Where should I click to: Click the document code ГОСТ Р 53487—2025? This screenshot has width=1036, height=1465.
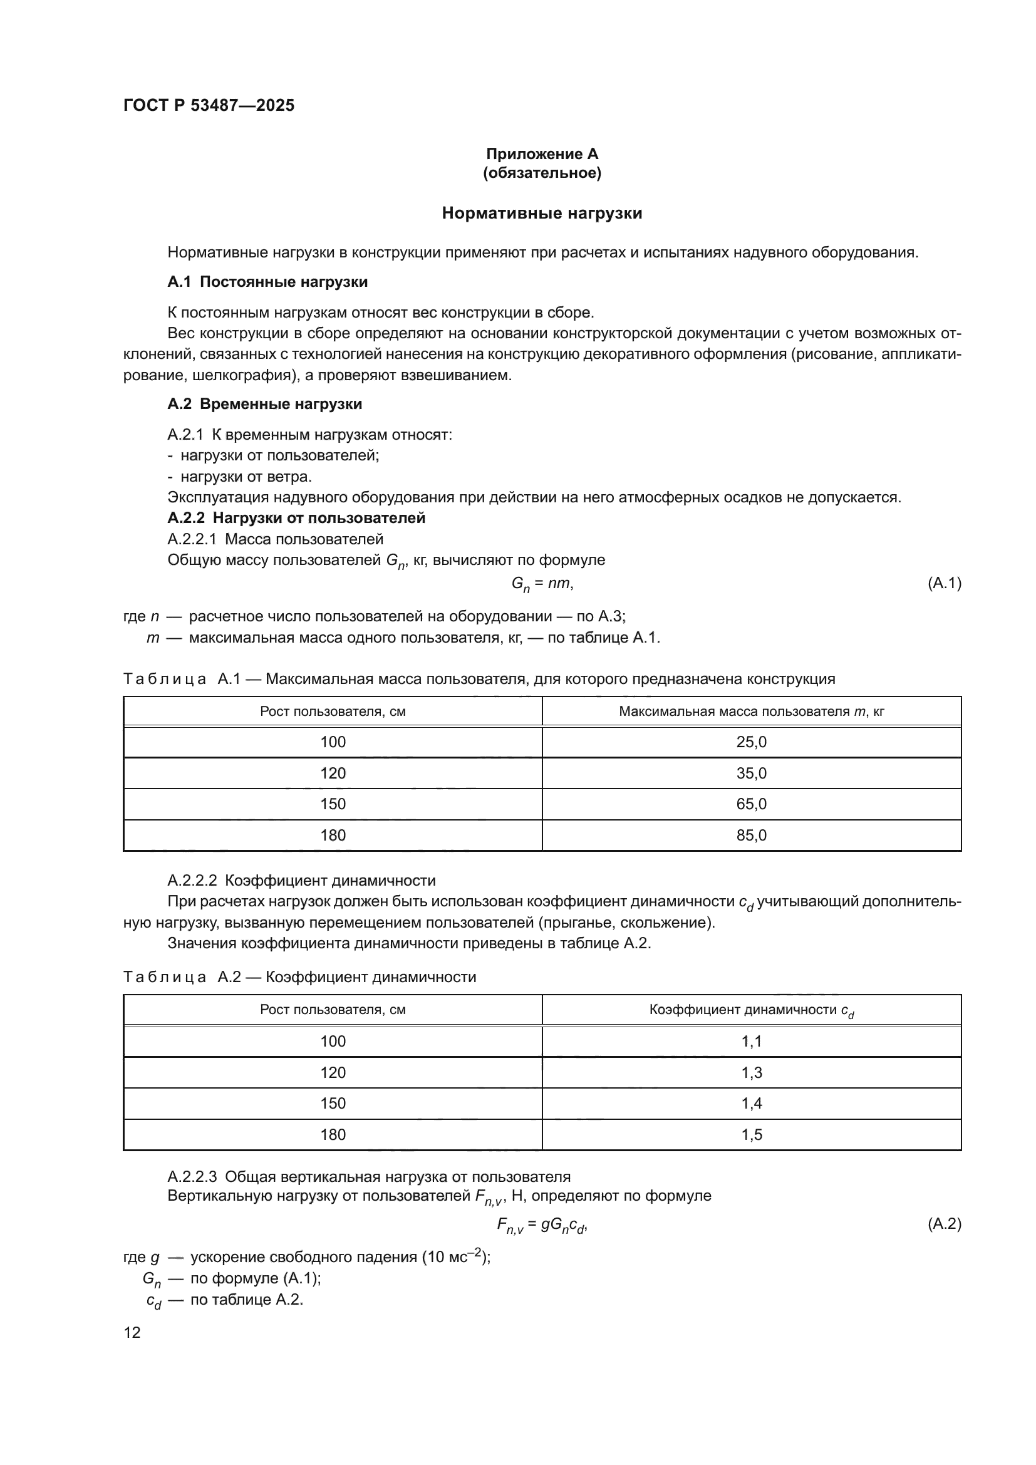point(209,105)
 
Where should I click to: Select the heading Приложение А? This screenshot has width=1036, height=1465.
point(542,154)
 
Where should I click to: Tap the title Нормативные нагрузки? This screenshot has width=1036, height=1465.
point(542,213)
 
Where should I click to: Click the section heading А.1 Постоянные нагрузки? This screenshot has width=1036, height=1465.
point(267,282)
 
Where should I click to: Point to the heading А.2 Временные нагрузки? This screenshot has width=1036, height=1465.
point(265,404)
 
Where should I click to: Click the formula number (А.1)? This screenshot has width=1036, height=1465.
point(943,582)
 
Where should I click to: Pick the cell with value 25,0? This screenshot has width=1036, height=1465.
point(751,742)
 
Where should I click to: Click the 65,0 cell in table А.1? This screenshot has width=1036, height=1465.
point(751,804)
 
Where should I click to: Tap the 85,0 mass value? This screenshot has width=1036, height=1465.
point(751,836)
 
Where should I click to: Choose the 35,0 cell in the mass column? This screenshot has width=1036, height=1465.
point(751,774)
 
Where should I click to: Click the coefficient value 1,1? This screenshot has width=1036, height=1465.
point(751,1042)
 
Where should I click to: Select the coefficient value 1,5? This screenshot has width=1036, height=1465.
point(751,1134)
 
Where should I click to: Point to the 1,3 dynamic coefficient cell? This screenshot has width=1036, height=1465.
point(751,1072)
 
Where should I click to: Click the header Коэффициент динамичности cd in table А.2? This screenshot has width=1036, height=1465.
point(751,1010)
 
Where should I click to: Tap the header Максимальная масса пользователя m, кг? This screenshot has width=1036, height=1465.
point(751,712)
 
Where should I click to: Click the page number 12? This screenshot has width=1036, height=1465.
point(132,1332)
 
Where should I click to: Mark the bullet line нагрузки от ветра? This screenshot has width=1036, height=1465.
point(246,477)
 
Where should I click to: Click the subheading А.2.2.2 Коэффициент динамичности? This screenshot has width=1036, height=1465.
point(301,881)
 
